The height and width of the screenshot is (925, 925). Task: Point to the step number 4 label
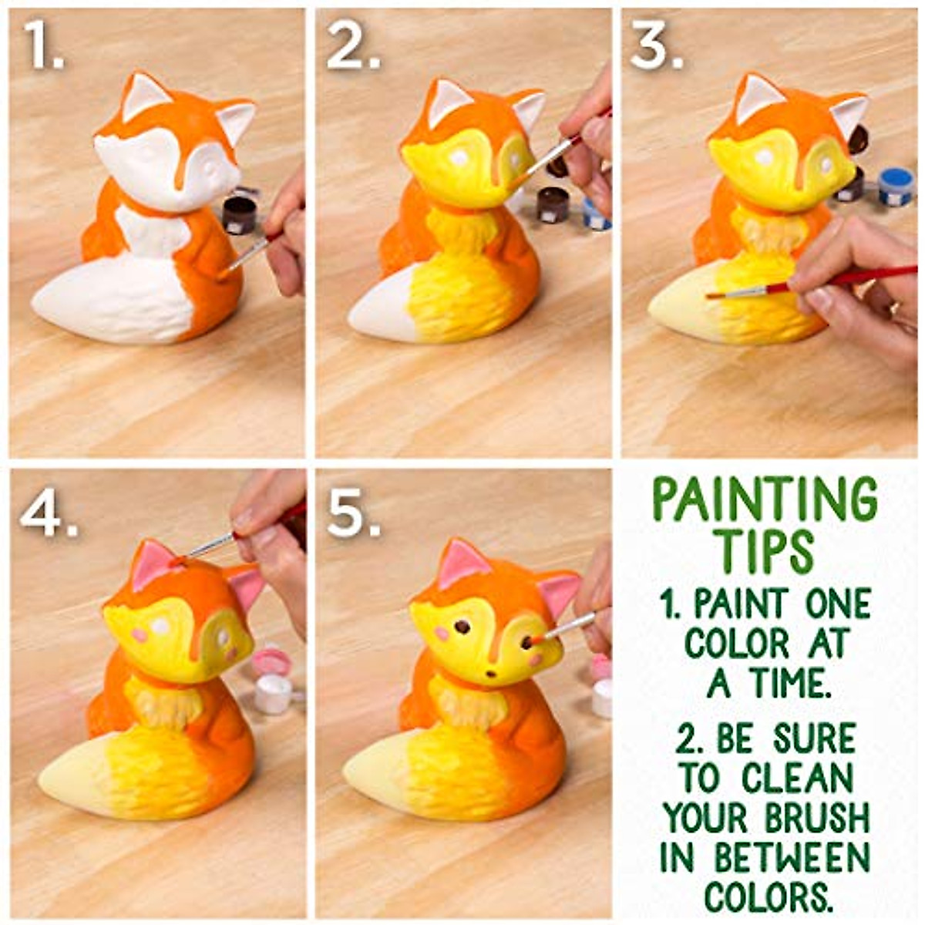(x=48, y=513)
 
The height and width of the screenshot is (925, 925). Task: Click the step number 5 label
(x=353, y=513)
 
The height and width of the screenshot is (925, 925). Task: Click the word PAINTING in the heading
(x=765, y=500)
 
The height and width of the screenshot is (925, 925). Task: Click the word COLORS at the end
(x=769, y=896)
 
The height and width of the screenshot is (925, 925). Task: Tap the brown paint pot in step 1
(x=238, y=214)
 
